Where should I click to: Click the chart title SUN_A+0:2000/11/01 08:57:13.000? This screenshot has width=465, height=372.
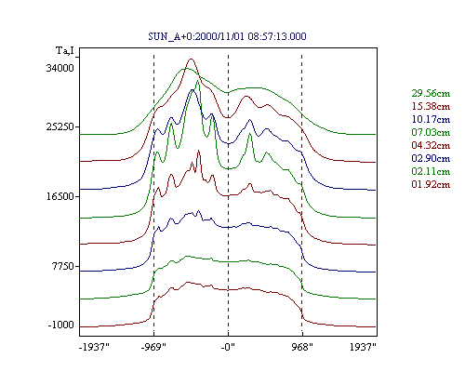[227, 36]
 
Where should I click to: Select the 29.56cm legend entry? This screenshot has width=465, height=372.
[431, 93]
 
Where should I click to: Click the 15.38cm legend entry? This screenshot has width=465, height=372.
[431, 106]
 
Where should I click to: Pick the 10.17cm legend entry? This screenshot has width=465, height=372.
[431, 119]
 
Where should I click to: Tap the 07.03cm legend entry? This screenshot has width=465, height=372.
[431, 132]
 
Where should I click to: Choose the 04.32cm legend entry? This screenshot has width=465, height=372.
[431, 145]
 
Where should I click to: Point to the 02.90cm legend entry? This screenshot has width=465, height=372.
[431, 158]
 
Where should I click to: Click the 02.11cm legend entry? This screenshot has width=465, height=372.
[431, 171]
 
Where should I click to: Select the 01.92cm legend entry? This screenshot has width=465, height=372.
[431, 184]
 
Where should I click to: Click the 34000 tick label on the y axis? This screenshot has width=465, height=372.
[60, 68]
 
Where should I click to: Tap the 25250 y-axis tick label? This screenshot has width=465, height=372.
[60, 126]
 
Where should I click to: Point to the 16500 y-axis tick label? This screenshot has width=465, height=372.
[60, 196]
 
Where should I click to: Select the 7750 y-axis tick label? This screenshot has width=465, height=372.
[63, 266]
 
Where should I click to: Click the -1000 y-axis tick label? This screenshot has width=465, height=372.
[61, 325]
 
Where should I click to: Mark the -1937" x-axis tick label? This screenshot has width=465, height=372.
[94, 347]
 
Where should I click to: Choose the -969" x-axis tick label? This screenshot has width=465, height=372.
[153, 347]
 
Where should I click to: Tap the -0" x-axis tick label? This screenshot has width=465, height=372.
[228, 347]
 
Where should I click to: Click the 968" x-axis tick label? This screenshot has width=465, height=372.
[302, 347]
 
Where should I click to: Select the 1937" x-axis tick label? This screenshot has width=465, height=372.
[363, 347]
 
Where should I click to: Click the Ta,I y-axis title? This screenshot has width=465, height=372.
[65, 50]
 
